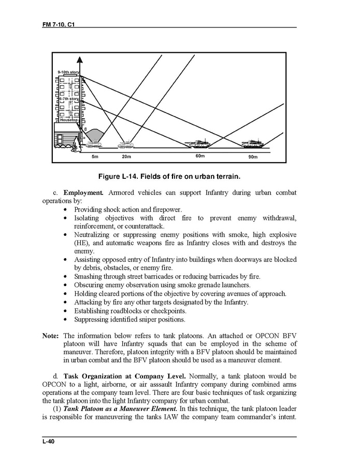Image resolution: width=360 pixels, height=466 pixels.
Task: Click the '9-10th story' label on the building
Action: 67,72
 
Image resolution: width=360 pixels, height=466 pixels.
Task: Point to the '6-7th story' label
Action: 68,98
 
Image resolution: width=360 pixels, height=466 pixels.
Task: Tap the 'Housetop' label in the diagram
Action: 68,120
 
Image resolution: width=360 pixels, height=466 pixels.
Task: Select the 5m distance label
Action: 95,156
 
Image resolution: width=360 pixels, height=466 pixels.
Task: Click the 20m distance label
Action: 126,156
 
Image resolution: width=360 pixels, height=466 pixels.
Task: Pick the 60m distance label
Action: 200,156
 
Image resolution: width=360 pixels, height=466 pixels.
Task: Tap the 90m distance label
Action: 253,156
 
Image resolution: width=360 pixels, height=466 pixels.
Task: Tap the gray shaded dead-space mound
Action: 93,135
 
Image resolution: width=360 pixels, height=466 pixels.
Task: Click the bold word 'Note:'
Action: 50,335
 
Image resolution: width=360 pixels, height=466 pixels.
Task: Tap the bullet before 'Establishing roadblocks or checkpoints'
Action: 65,311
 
